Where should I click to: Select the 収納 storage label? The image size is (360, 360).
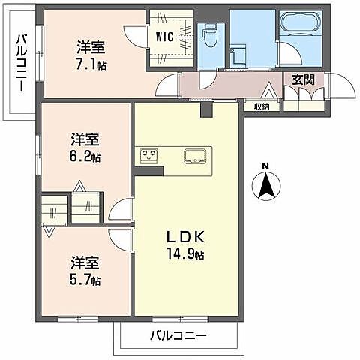[261, 106]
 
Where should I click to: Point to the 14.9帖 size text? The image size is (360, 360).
[185, 254]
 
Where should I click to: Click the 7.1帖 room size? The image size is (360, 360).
[90, 65]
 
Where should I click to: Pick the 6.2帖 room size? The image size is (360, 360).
[85, 157]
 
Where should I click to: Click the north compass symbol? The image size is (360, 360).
[265, 185]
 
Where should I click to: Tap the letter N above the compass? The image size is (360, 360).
[265, 166]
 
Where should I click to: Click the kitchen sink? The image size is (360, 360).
[195, 156]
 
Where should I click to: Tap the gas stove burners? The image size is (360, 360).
[148, 156]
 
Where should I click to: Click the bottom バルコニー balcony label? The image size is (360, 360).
[178, 334]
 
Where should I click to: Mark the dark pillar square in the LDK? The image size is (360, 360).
[208, 110]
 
